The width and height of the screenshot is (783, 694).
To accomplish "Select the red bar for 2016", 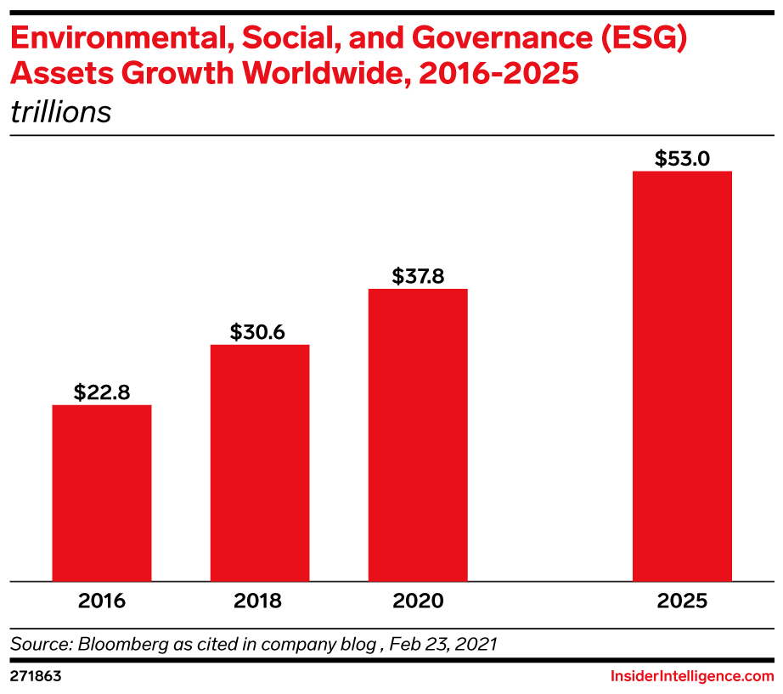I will (102, 493).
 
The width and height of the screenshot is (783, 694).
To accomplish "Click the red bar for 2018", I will (260, 463).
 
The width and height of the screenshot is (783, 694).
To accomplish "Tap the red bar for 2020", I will (418, 435).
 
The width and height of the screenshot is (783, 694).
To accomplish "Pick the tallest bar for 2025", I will (682, 376).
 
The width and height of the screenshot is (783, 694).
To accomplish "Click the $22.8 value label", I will (102, 392).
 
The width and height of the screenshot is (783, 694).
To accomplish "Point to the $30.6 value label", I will (260, 332).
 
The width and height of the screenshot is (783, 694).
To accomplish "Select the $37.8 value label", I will (418, 276).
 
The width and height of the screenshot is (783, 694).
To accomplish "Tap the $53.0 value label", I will (682, 159).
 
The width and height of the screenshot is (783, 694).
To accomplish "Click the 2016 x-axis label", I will (102, 601).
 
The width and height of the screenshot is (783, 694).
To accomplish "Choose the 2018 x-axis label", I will (260, 601).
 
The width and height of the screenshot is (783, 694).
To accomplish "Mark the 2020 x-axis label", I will (418, 601).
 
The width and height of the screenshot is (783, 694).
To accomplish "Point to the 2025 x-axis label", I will (682, 601).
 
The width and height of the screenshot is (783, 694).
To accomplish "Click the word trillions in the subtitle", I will (60, 112).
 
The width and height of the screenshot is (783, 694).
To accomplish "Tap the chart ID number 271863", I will (36, 676).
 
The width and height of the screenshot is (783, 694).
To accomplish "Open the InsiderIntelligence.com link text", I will (692, 676).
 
